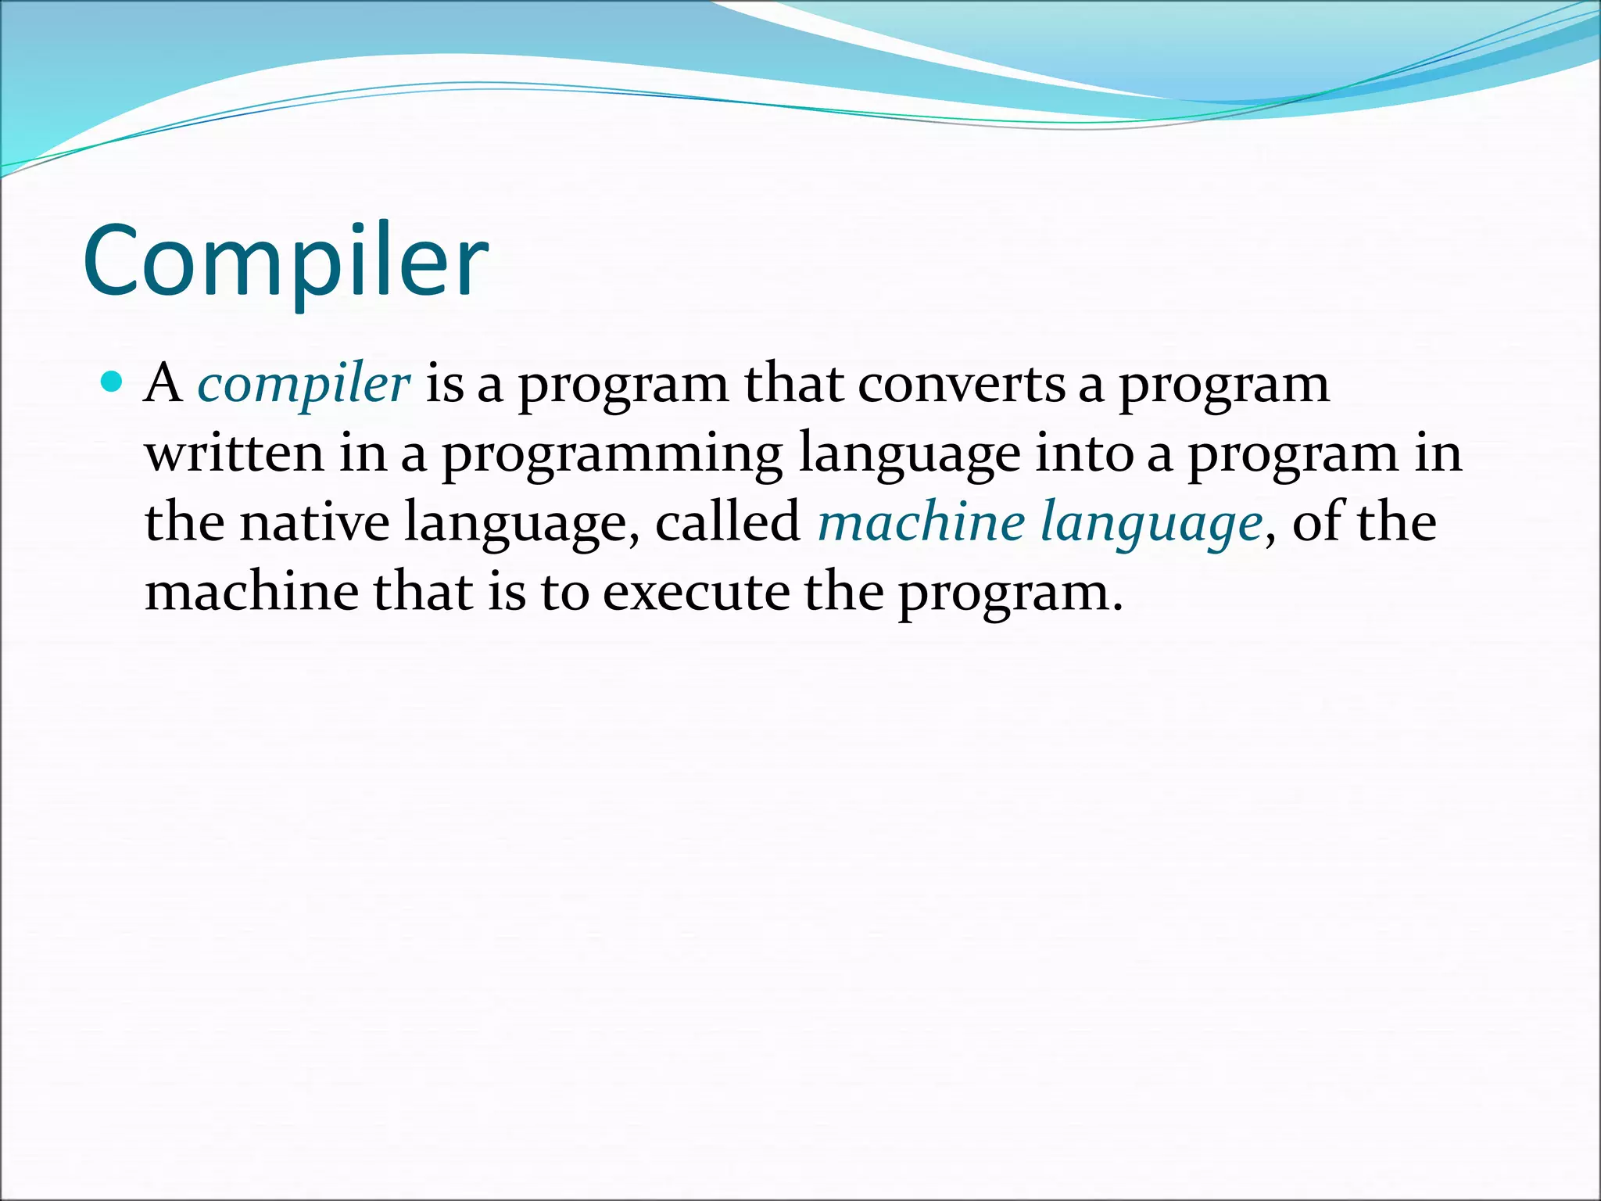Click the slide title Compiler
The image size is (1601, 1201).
tap(285, 262)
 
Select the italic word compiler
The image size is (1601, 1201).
tap(303, 385)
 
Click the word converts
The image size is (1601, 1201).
tap(961, 385)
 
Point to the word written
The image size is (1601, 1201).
tap(234, 454)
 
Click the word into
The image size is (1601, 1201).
tap(1083, 454)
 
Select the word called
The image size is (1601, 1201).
tap(727, 522)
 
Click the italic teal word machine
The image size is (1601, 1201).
tap(920, 522)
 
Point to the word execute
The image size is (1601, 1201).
tap(696, 592)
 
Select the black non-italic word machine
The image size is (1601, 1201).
tap(252, 592)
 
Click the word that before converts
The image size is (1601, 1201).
tap(793, 384)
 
